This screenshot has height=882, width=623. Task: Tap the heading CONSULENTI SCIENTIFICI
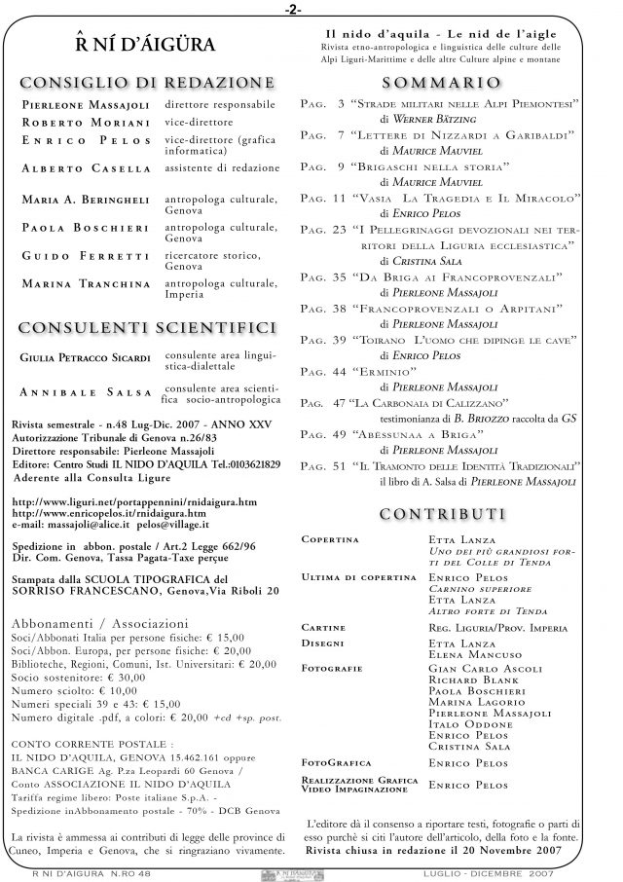tap(146, 326)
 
